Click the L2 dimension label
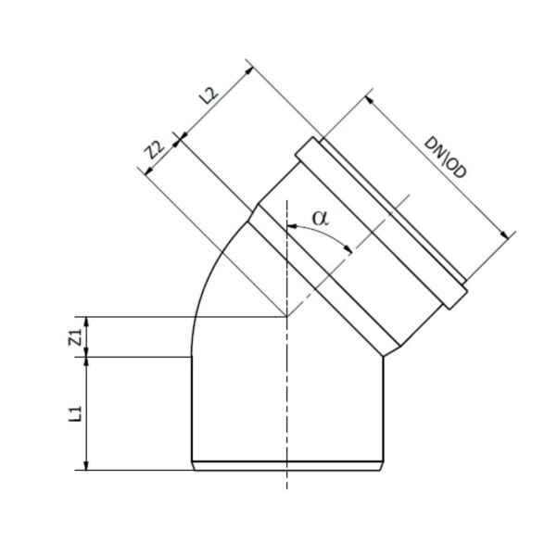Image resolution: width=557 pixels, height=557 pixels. pyautogui.click(x=209, y=95)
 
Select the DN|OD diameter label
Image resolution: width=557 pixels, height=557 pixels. pyautogui.click(x=445, y=158)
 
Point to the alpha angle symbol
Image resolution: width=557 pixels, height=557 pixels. pyautogui.click(x=321, y=218)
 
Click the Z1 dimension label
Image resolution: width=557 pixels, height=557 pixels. pyautogui.click(x=75, y=337)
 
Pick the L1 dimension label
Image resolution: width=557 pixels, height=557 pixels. pyautogui.click(x=75, y=413)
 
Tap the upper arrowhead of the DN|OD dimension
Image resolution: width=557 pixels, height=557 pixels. pyautogui.click(x=370, y=100)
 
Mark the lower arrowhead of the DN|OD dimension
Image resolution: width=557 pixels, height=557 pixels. pyautogui.click(x=504, y=235)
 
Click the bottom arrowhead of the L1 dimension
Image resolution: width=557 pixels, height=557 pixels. pyautogui.click(x=86, y=465)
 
